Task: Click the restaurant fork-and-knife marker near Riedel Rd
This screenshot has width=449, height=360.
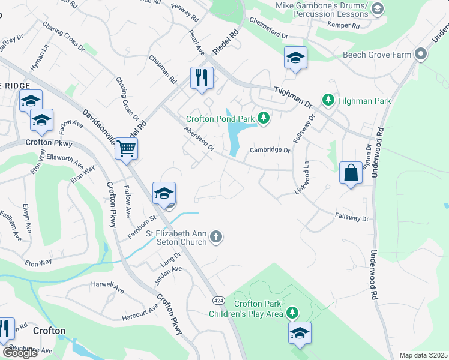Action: [x=202, y=78]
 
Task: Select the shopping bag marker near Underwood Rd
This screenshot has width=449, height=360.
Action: [x=351, y=173]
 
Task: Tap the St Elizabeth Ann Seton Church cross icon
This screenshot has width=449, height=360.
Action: [x=217, y=238]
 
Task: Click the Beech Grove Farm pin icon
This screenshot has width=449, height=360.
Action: [x=420, y=55]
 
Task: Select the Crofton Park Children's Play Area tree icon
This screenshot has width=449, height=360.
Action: [x=292, y=313]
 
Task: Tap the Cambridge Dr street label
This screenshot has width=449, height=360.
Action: [x=270, y=150]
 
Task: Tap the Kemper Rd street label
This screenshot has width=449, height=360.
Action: [x=343, y=26]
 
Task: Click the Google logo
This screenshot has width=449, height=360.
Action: [x=20, y=353]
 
